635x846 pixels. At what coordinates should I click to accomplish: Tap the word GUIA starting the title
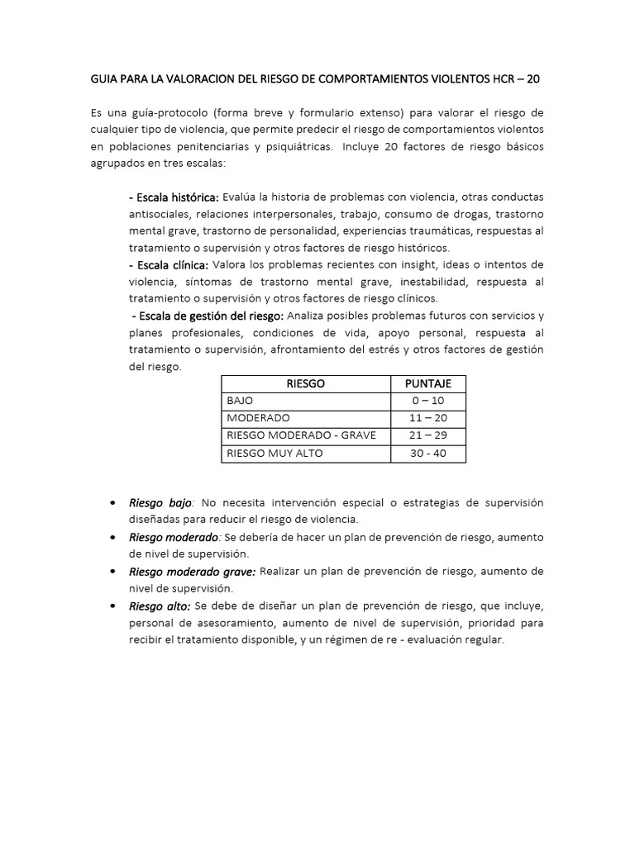104,79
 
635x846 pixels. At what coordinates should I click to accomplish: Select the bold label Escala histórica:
174,197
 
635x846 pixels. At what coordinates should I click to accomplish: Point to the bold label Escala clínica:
169,264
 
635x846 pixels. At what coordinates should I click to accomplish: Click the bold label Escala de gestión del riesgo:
208,316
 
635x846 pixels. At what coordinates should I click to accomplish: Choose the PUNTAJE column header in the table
427,384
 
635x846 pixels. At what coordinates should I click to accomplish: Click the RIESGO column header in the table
305,384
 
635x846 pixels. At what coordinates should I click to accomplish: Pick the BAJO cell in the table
240,401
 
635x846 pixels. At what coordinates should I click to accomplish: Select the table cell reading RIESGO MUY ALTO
275,454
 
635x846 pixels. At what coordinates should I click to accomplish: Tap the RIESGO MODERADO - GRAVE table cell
300,435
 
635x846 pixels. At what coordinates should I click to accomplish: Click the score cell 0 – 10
427,401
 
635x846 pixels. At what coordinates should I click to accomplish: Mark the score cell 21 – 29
427,435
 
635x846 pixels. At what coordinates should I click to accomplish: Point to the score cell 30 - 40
427,454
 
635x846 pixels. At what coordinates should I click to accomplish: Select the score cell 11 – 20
427,418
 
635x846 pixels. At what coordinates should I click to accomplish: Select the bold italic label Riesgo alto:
160,606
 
